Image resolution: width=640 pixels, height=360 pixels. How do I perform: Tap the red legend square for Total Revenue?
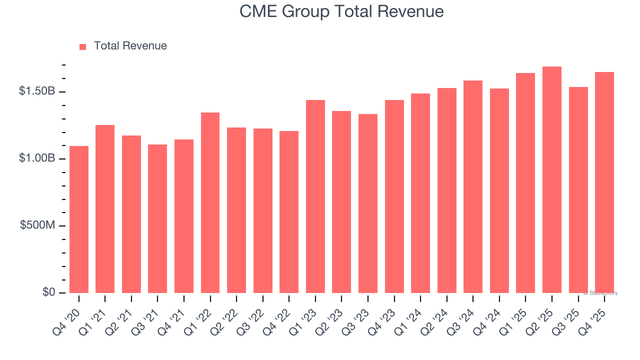[83, 46]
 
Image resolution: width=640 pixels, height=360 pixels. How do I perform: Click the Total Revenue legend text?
[130, 46]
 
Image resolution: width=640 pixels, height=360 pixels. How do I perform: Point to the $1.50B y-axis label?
[37, 91]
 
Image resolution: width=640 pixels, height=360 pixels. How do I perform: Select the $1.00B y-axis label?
[37, 158]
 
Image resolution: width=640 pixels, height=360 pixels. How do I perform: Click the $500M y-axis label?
[38, 225]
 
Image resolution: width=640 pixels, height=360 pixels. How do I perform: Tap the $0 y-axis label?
[48, 292]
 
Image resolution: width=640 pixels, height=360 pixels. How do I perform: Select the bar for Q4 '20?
[79, 219]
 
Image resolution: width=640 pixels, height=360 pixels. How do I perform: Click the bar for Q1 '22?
[210, 202]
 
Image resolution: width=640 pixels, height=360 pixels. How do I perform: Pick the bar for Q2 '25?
[552, 179]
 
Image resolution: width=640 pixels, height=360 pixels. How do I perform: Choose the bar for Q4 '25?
[604, 182]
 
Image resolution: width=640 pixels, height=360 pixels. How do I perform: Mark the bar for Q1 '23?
[315, 196]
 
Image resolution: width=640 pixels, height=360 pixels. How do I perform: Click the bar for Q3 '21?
[157, 218]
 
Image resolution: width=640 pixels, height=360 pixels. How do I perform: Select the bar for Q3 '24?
[473, 186]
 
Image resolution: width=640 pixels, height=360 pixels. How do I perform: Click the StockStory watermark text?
[600, 293]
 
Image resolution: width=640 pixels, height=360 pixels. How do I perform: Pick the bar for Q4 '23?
[394, 196]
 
